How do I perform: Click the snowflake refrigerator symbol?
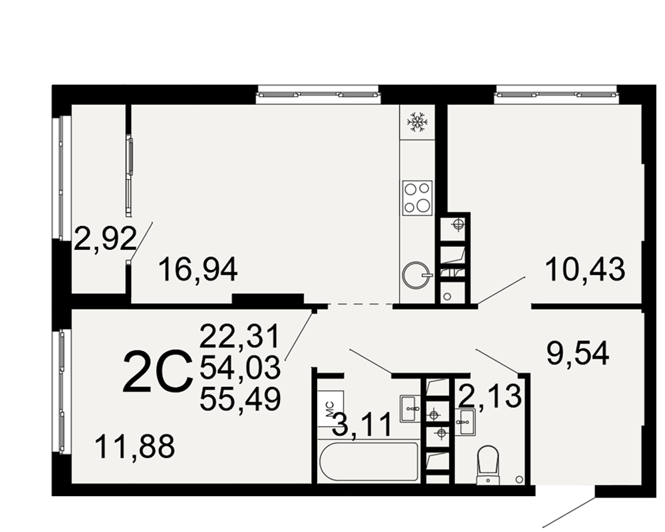(x=418, y=122)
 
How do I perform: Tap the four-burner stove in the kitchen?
(x=418, y=198)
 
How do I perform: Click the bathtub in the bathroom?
(x=369, y=462)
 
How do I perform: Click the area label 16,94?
(x=198, y=270)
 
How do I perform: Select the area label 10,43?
(x=585, y=269)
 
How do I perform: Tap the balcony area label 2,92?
(x=105, y=239)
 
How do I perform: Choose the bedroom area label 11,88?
(x=135, y=446)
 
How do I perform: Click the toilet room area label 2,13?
(x=490, y=396)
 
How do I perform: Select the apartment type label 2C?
(x=155, y=371)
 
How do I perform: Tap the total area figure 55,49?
(x=240, y=399)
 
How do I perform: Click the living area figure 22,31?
(x=240, y=336)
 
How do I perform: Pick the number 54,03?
(x=240, y=367)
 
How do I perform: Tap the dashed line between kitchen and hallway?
(x=360, y=304)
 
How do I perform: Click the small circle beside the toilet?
(x=519, y=479)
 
